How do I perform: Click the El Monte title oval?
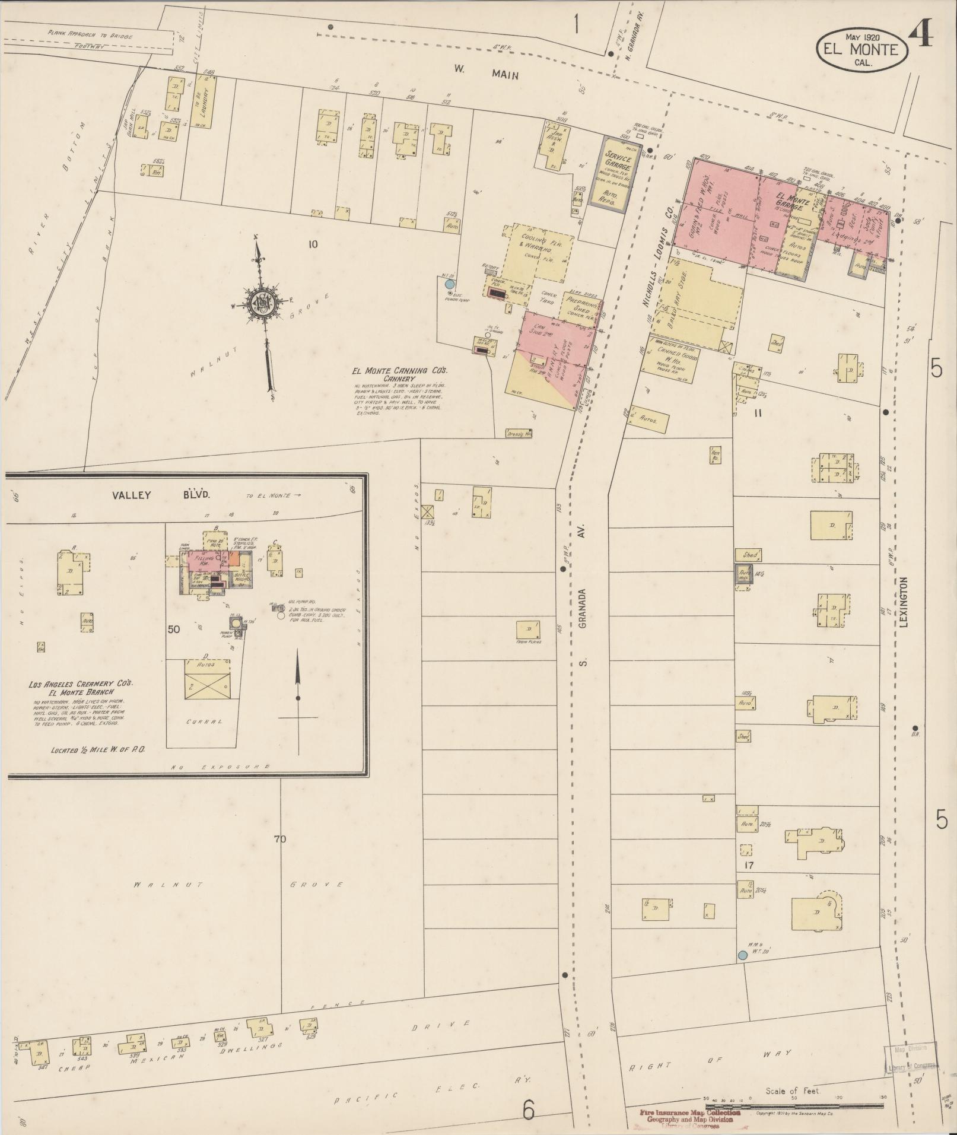tap(862, 49)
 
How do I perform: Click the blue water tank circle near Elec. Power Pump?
tap(449, 284)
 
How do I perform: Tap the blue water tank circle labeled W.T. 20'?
tap(742, 955)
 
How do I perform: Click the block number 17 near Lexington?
tap(749, 866)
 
